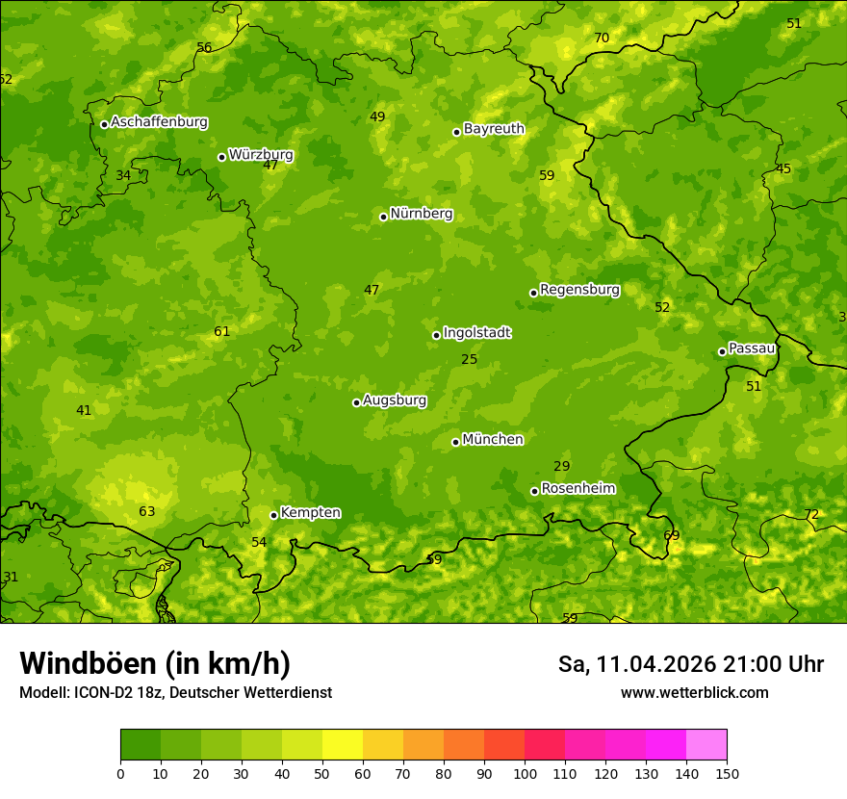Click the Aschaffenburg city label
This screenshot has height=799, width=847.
pyautogui.click(x=159, y=122)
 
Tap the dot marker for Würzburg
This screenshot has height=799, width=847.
pyautogui.click(x=221, y=157)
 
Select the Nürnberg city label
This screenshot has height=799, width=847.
pyautogui.click(x=421, y=214)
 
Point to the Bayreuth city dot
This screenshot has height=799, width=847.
pyautogui.click(x=456, y=132)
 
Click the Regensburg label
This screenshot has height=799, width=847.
pyautogui.click(x=579, y=290)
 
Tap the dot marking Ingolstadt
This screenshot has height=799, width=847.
pyautogui.click(x=436, y=335)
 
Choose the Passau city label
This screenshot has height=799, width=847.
pyautogui.click(x=751, y=348)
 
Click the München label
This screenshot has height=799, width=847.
pyautogui.click(x=493, y=440)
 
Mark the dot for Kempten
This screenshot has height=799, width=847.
pyautogui.click(x=273, y=515)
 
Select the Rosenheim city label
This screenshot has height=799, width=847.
pyautogui.click(x=577, y=489)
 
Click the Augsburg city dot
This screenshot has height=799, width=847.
pyautogui.click(x=356, y=402)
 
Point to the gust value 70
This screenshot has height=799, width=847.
pyautogui.click(x=602, y=39)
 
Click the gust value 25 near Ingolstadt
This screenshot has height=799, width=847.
pyautogui.click(x=469, y=360)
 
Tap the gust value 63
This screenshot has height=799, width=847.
pyautogui.click(x=146, y=512)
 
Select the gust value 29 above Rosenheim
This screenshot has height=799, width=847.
pyautogui.click(x=561, y=467)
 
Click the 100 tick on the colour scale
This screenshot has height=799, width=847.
pyautogui.click(x=525, y=774)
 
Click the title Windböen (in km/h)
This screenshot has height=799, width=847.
pyautogui.click(x=155, y=664)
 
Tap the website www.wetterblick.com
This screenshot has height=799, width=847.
pyautogui.click(x=694, y=693)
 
